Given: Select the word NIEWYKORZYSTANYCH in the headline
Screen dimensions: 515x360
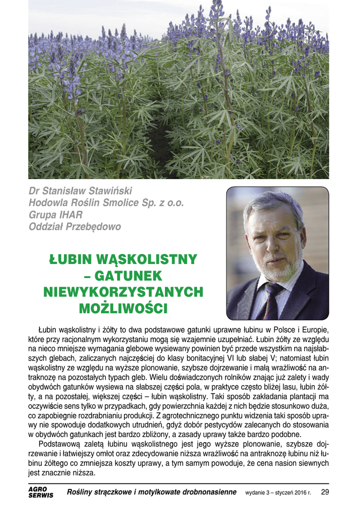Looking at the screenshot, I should [124, 292].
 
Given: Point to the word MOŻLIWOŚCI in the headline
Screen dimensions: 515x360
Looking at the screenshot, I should [124, 307].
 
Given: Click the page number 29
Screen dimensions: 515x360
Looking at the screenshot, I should [324, 492].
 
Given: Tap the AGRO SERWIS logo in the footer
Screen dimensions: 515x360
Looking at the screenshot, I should [40, 492].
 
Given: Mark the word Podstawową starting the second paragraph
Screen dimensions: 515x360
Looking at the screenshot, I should [59, 445].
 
